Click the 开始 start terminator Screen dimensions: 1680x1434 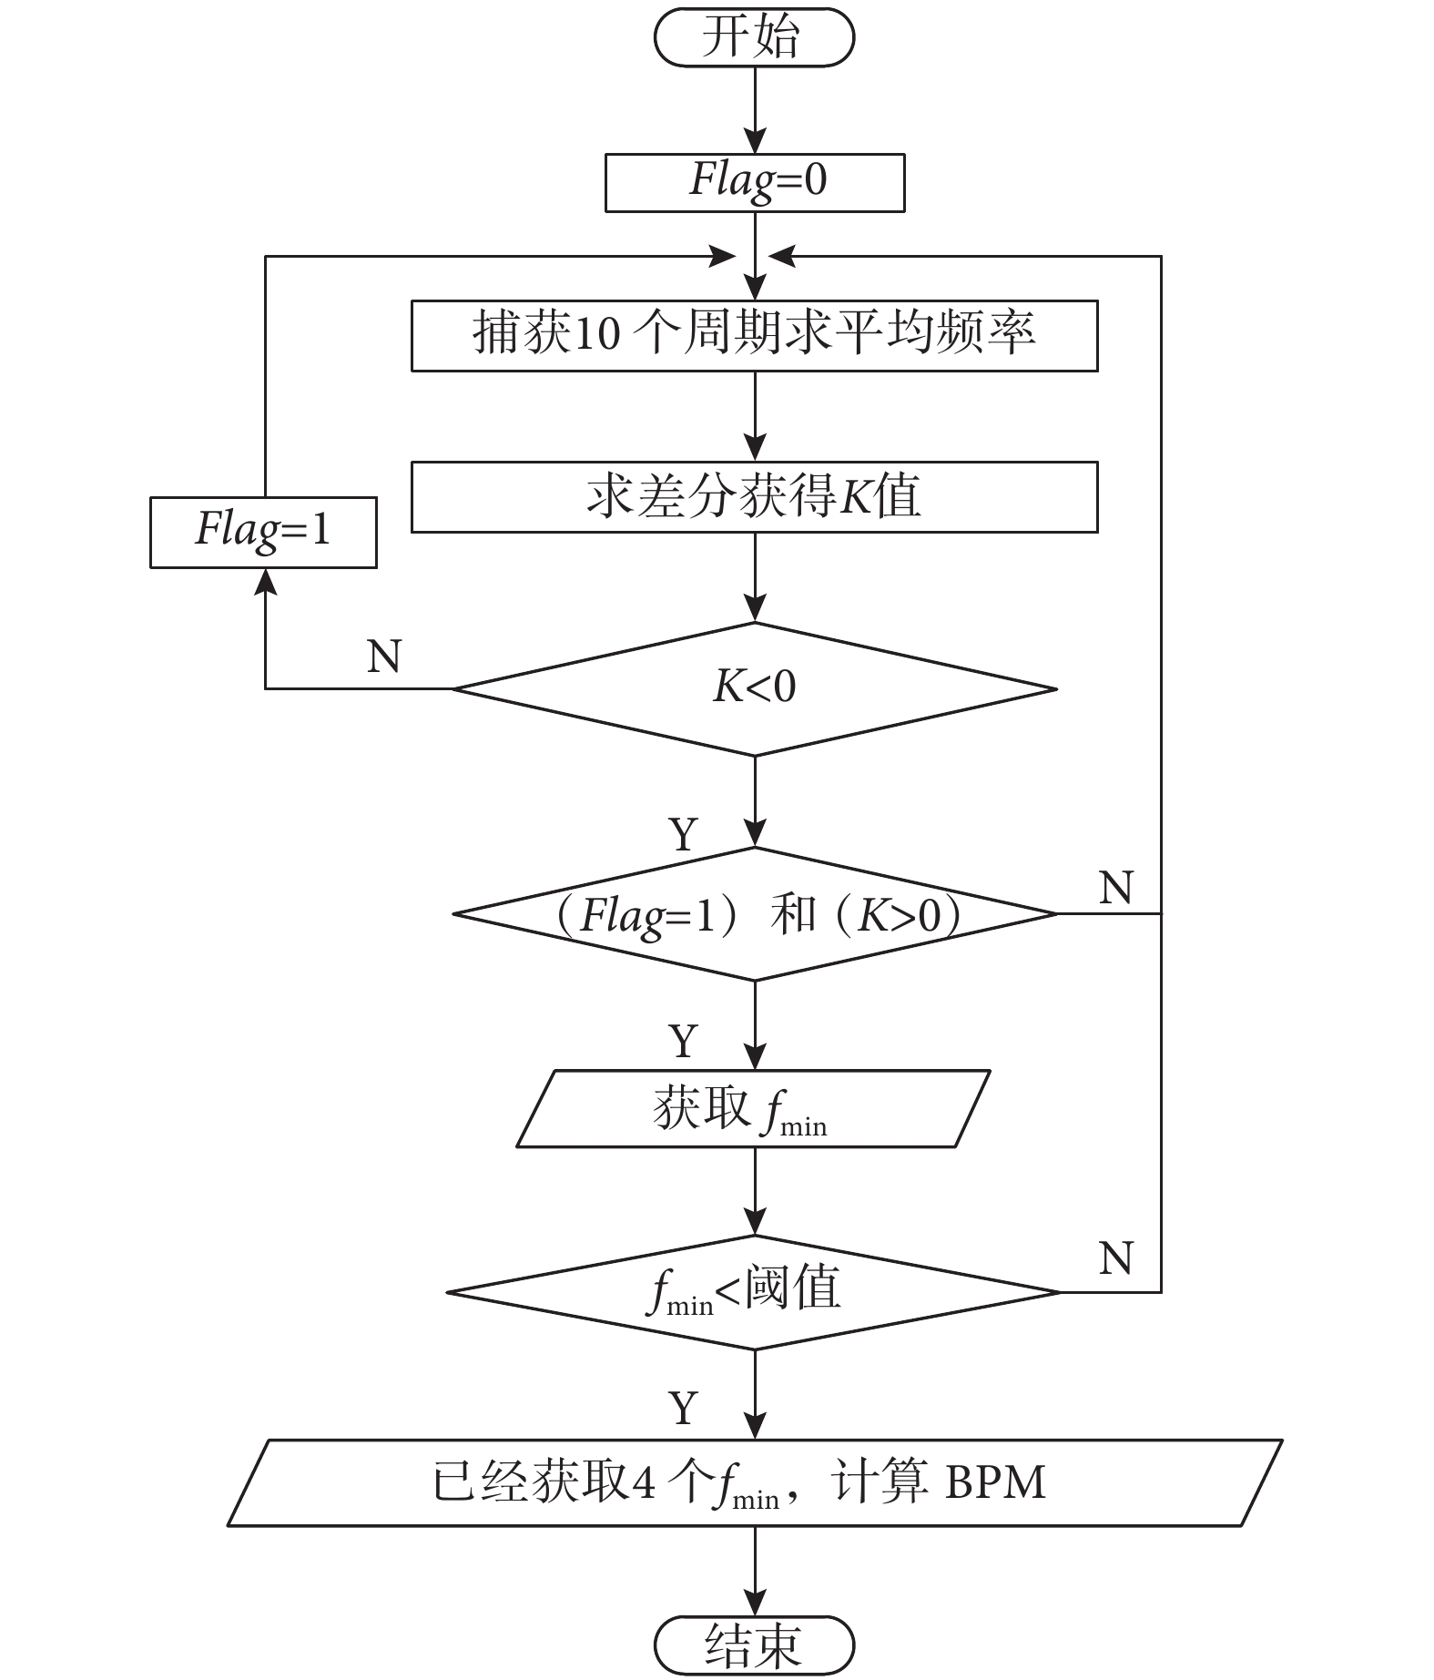[754, 38]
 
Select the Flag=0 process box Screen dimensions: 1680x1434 [755, 182]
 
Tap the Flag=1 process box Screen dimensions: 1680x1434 [263, 532]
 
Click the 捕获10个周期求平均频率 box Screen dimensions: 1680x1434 [754, 335]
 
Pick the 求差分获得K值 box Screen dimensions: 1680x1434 [754, 496]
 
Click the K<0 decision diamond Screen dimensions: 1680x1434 [754, 688]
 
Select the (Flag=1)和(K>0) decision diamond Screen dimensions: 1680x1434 [754, 913]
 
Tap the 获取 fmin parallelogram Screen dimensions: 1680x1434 [754, 1108]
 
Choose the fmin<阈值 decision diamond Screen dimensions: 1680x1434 [754, 1291]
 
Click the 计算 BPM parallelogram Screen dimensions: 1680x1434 [754, 1481]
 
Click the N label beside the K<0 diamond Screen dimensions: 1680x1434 [384, 656]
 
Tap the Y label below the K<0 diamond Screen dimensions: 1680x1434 [684, 834]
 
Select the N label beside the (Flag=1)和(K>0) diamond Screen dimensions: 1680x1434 [1116, 887]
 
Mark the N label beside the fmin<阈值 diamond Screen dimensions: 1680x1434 [1116, 1258]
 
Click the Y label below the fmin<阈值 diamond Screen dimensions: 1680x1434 [684, 1408]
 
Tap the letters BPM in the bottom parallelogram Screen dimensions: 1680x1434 [995, 1481]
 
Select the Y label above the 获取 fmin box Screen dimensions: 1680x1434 [684, 1040]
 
